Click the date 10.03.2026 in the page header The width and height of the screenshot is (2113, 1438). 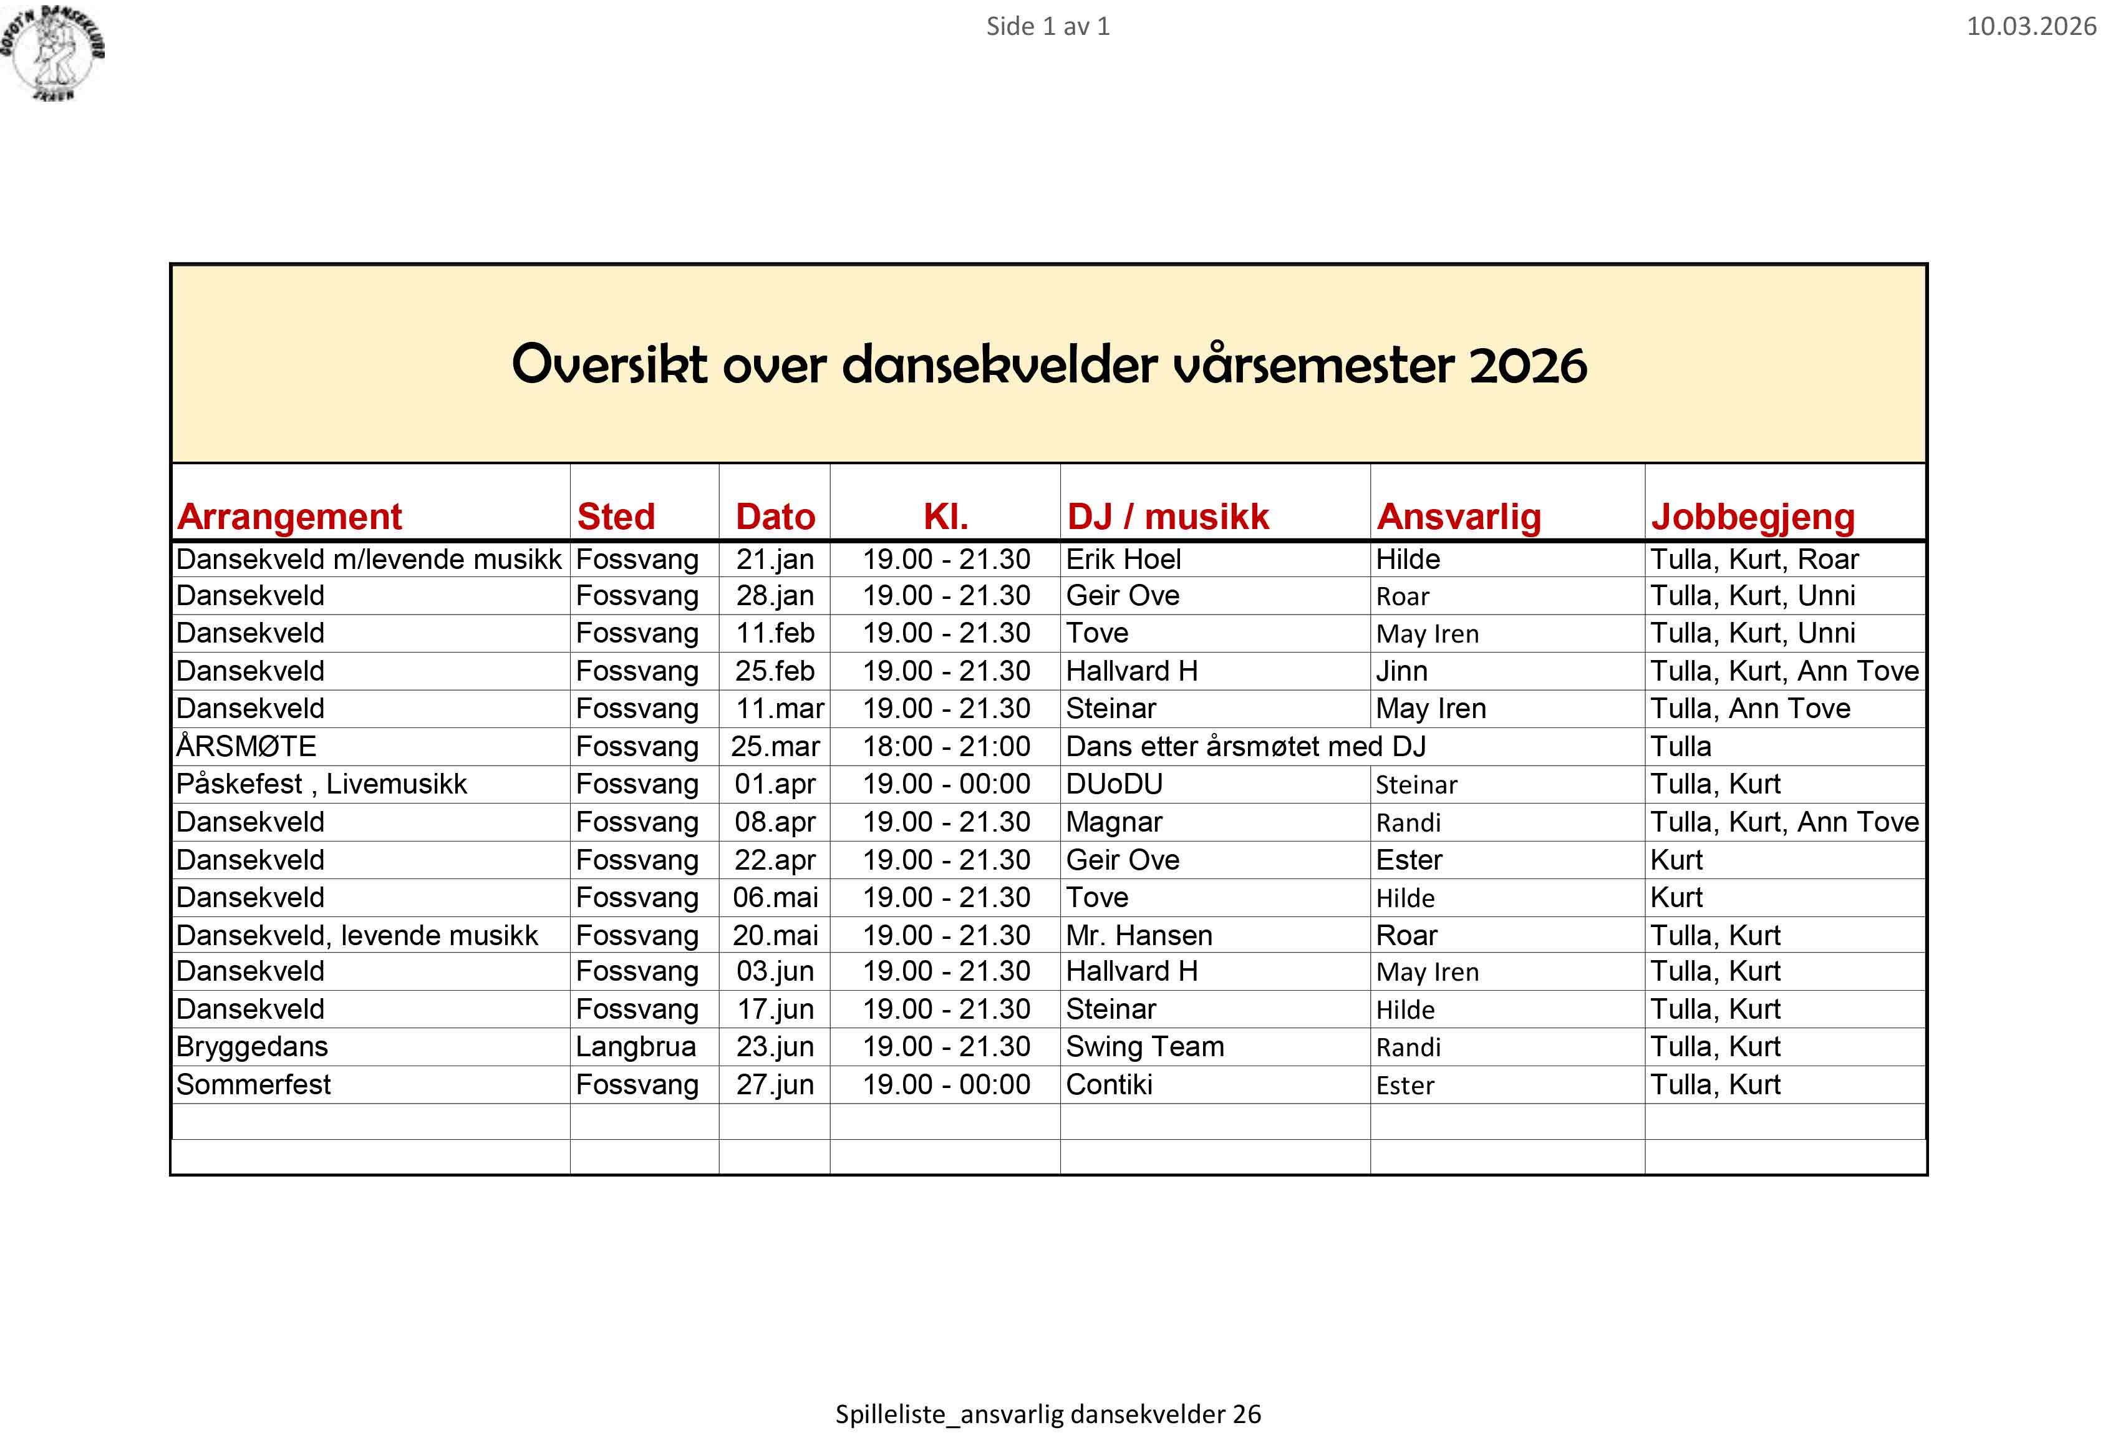pyautogui.click(x=2030, y=26)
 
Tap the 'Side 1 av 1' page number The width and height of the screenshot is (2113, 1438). pyautogui.click(x=1047, y=26)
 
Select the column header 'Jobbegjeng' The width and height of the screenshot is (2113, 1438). pyautogui.click(x=1752, y=517)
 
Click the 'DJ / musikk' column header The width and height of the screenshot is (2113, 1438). pyautogui.click(x=1168, y=517)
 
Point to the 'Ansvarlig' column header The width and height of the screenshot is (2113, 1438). pyautogui.click(x=1458, y=517)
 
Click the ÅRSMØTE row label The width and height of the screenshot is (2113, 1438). pyautogui.click(x=246, y=747)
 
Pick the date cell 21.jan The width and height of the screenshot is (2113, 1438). pyautogui.click(x=775, y=560)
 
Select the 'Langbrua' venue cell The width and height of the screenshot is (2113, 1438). pyautogui.click(x=636, y=1047)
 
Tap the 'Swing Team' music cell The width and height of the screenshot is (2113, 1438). pyautogui.click(x=1144, y=1047)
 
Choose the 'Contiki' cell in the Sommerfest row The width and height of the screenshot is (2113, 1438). pyautogui.click(x=1110, y=1085)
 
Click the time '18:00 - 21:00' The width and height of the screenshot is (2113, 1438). pyautogui.click(x=945, y=747)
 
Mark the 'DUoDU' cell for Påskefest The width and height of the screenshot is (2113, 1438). pyautogui.click(x=1114, y=784)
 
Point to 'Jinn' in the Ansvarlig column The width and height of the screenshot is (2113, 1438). pyautogui.click(x=1401, y=671)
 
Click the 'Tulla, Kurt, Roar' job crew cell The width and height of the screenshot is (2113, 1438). pyautogui.click(x=1754, y=560)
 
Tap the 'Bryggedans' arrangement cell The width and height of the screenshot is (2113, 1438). pyautogui.click(x=252, y=1047)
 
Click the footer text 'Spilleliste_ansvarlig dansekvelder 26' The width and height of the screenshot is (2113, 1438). pyautogui.click(x=1047, y=1414)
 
